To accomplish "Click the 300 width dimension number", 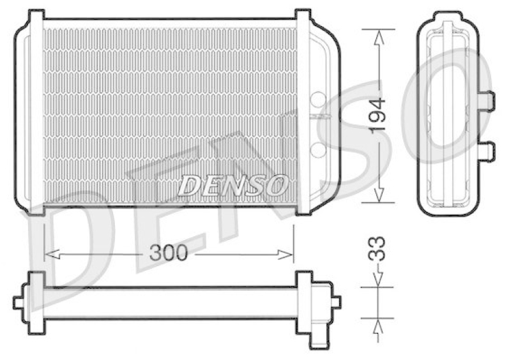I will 169,253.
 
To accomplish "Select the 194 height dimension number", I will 379,115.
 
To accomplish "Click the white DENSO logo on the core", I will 232,185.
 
